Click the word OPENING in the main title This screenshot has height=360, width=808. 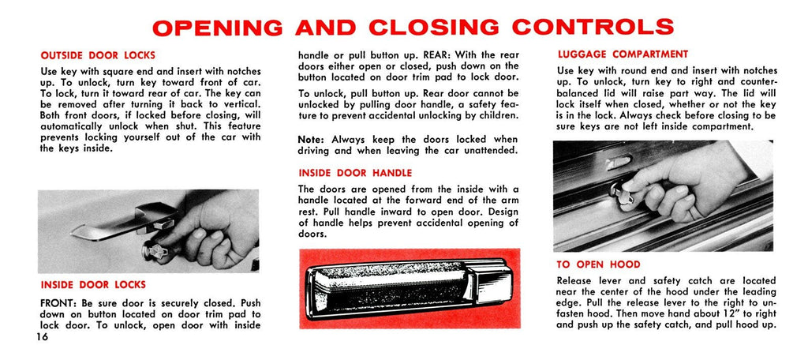pyautogui.click(x=218, y=28)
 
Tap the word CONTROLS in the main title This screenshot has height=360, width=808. pyautogui.click(x=593, y=28)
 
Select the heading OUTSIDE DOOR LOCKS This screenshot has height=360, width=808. pyautogui.click(x=98, y=56)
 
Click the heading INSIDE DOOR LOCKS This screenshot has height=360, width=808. pyautogui.click(x=93, y=284)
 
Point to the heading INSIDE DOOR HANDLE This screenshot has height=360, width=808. pyautogui.click(x=355, y=173)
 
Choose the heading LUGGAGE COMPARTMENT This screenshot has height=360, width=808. pyautogui.click(x=623, y=54)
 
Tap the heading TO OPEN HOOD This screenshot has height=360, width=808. pyautogui.click(x=598, y=264)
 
